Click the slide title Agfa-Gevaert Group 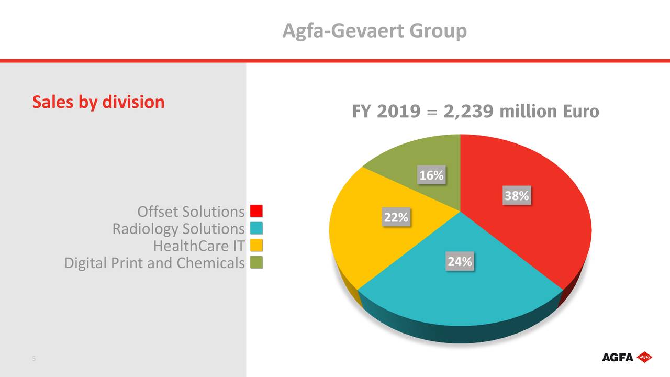(374, 31)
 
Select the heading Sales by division (98, 102)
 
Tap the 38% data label (517, 196)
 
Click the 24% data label (460, 262)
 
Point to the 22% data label (396, 217)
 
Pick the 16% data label (431, 175)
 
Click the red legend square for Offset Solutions (256, 212)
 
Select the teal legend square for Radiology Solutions (256, 229)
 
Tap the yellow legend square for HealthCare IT (256, 246)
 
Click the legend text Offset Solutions (191, 212)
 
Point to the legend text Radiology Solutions (178, 229)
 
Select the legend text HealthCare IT (199, 246)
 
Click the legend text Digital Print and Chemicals (154, 263)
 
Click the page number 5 (34, 359)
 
